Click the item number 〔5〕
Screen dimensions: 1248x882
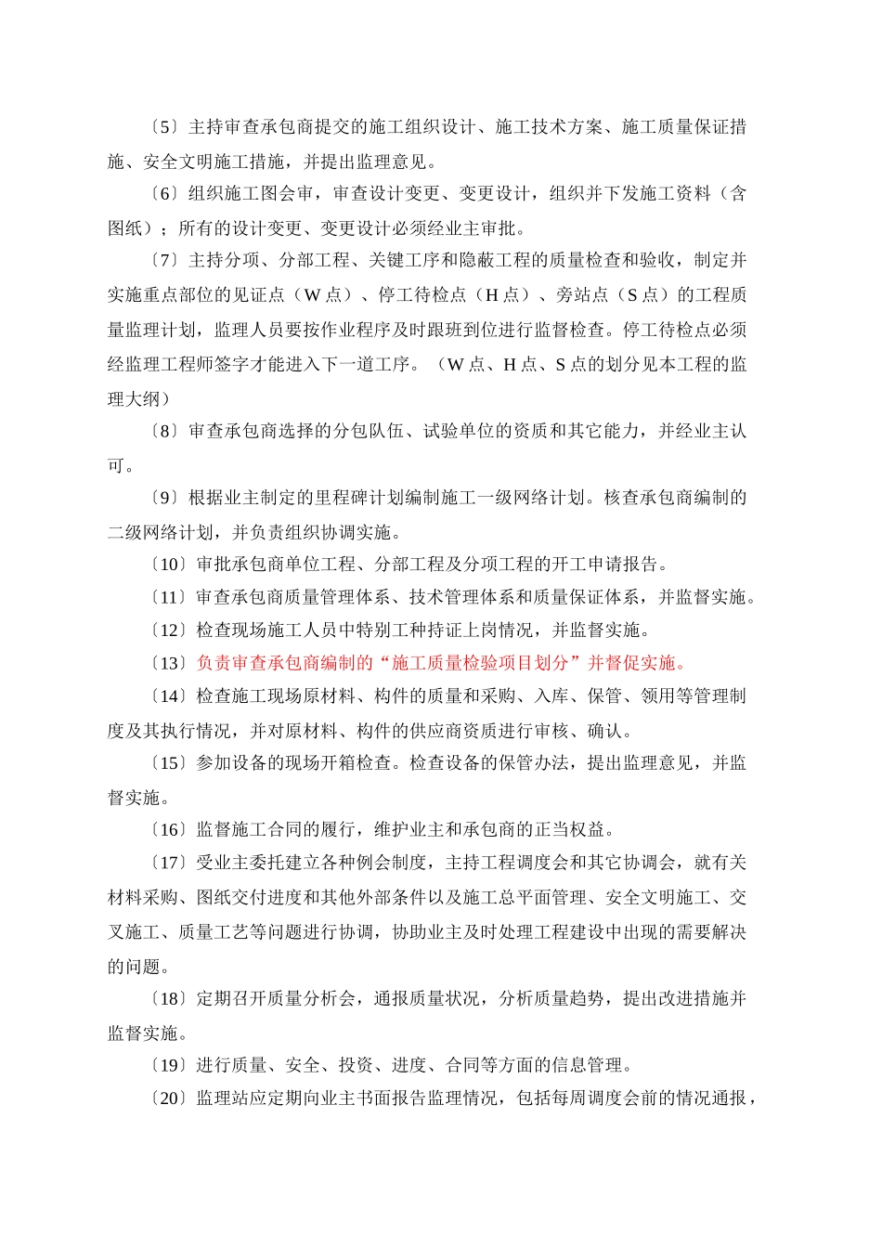162,127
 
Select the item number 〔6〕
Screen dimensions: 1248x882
162,194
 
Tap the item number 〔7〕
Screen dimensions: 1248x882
162,261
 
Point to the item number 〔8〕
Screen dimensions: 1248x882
162,432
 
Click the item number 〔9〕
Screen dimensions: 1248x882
162,499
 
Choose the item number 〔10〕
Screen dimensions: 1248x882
167,565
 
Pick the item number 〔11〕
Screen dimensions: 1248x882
167,598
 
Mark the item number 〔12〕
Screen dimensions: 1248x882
167,630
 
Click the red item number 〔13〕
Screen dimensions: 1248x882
167,664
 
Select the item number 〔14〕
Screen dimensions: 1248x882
167,696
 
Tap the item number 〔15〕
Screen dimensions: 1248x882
167,763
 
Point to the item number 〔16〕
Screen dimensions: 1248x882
167,830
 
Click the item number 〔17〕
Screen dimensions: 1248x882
167,864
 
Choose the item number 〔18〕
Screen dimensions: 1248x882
167,999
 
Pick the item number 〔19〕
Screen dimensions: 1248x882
167,1066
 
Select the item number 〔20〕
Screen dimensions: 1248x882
167,1099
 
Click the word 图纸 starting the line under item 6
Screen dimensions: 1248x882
124,228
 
